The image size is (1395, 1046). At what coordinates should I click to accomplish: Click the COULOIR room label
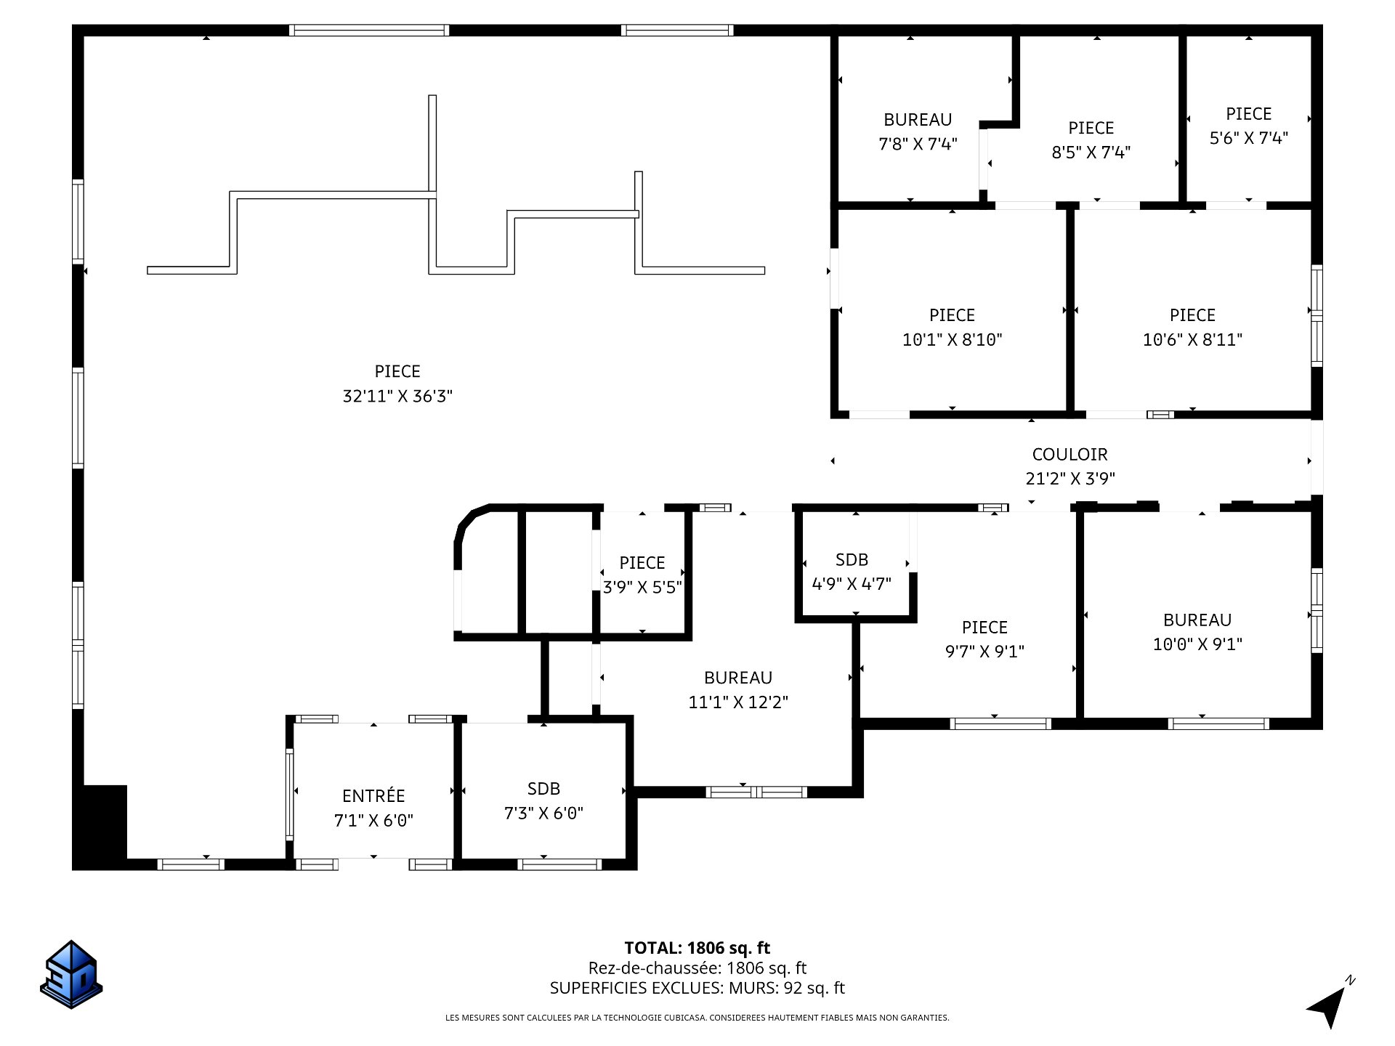[x=1069, y=455]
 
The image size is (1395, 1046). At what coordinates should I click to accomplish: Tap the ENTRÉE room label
[x=373, y=796]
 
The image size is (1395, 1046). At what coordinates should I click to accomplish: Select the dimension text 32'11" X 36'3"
[x=397, y=396]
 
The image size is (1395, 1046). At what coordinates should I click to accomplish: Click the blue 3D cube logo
[x=71, y=973]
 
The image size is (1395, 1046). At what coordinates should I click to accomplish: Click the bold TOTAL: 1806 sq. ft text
[x=697, y=948]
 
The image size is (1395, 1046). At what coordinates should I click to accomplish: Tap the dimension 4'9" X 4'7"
[x=852, y=583]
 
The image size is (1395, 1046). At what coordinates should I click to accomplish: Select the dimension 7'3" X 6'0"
[x=543, y=813]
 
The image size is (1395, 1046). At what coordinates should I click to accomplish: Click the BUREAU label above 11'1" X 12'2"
[x=738, y=678]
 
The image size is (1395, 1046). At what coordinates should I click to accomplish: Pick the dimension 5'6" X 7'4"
[x=1249, y=138]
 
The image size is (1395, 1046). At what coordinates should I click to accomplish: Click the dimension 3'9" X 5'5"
[x=642, y=587]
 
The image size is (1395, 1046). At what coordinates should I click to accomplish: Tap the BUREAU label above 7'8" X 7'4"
[x=918, y=120]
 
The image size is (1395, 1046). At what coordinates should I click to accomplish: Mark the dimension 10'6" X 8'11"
[x=1192, y=339]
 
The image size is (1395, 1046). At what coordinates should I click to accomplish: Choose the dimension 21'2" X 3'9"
[x=1070, y=479]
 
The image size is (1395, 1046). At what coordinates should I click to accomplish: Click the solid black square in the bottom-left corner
[x=100, y=827]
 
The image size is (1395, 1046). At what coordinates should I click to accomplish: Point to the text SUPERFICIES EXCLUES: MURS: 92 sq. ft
[x=697, y=988]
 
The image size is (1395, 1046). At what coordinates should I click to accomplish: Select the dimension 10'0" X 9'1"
[x=1197, y=644]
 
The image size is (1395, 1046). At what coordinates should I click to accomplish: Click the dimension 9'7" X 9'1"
[x=984, y=652]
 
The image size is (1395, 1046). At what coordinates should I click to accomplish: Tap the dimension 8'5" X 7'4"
[x=1091, y=153]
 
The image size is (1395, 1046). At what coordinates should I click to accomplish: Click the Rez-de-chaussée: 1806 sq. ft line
[x=697, y=968]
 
